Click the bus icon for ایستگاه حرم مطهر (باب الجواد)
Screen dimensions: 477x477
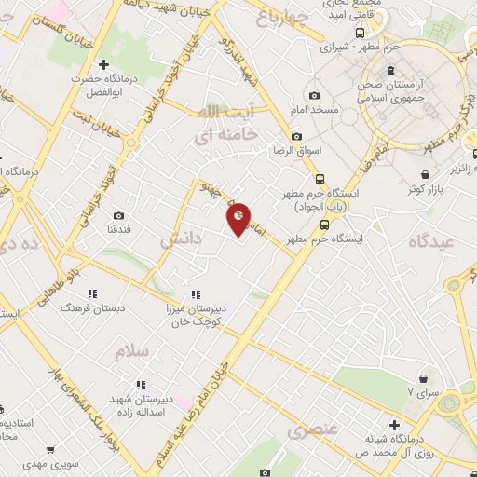[x=320, y=179]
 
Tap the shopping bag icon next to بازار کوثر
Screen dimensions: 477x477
[x=425, y=174]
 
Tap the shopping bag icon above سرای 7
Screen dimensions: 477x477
[x=425, y=378]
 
